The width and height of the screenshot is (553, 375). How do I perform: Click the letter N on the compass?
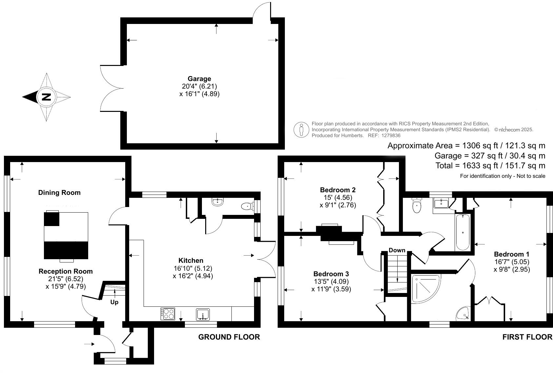[47, 97]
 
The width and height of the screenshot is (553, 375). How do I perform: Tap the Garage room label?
[199, 79]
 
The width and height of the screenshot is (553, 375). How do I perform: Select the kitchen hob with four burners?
[168, 314]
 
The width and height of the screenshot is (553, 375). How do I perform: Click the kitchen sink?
[203, 314]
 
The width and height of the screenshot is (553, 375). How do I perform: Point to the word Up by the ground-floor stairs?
[114, 302]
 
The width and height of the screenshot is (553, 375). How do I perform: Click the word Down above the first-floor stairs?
[397, 250]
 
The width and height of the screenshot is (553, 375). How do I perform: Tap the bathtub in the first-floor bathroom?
[463, 232]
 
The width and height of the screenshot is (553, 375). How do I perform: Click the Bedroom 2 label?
[338, 190]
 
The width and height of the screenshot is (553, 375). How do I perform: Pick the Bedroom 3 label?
[331, 274]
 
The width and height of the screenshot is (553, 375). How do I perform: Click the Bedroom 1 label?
[511, 254]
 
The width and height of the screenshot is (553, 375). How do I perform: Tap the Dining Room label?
[59, 193]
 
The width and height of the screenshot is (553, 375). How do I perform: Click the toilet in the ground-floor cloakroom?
[247, 206]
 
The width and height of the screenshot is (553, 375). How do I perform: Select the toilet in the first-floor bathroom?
[417, 206]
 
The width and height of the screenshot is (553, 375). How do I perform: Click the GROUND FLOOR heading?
[229, 337]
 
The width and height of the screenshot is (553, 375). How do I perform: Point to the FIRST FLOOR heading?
[527, 337]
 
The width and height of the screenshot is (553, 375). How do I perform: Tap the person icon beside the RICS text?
[301, 130]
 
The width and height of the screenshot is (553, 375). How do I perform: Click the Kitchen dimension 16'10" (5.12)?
[193, 268]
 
